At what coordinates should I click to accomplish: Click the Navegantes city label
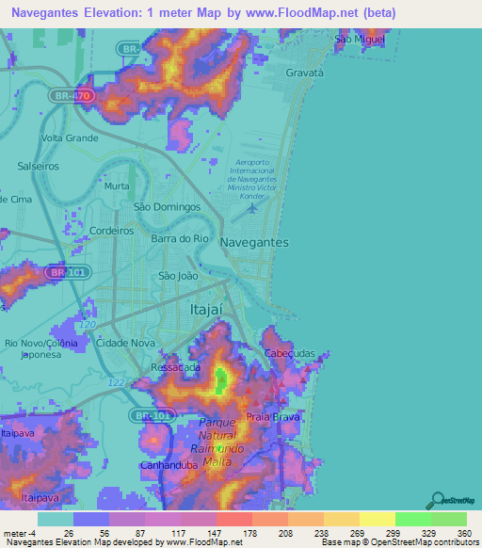[254, 242]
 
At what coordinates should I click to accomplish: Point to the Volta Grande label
[69, 138]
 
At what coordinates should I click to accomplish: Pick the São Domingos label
[168, 206]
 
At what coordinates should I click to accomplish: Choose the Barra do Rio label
[179, 239]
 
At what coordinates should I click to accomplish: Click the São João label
[178, 276]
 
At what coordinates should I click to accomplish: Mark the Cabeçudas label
[289, 353]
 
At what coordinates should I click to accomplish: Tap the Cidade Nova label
[125, 343]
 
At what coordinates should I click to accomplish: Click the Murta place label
[117, 186]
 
